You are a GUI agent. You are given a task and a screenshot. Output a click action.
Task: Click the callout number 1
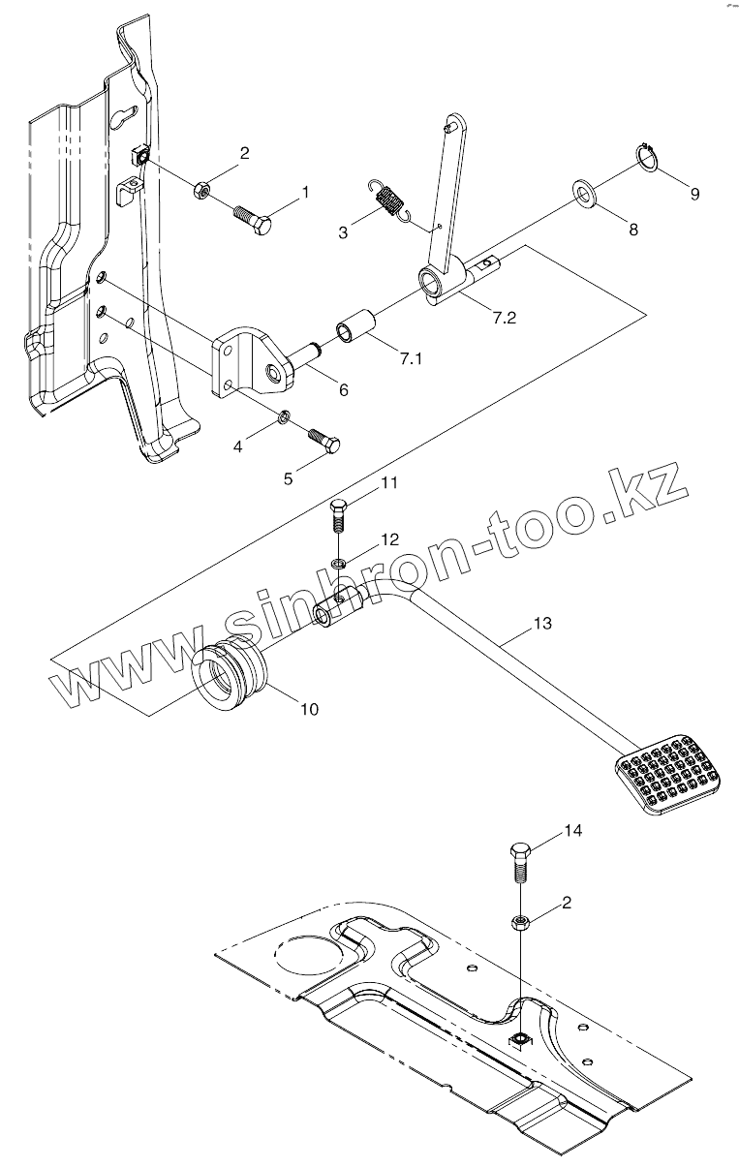(x=305, y=193)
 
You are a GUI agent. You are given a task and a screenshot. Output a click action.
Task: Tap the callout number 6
(x=343, y=389)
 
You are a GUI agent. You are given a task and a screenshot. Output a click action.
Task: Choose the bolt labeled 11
(x=337, y=516)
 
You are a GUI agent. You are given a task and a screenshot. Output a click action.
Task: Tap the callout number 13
(x=541, y=624)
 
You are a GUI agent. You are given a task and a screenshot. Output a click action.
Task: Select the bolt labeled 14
(x=519, y=863)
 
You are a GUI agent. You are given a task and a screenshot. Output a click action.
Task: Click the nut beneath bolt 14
(x=520, y=921)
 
